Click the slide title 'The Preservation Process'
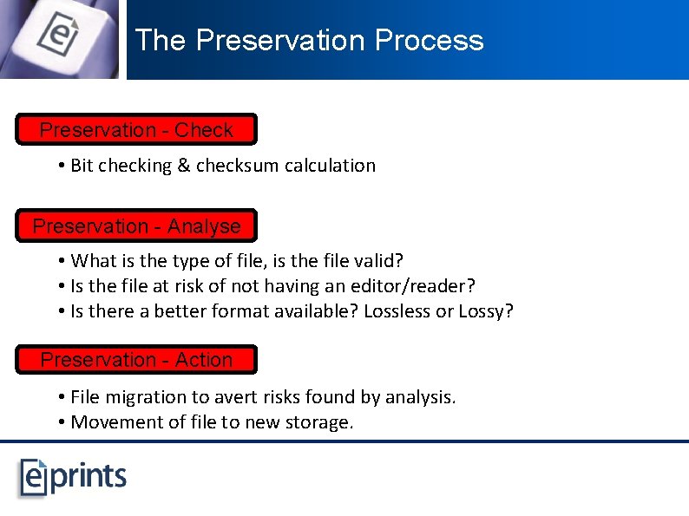309,41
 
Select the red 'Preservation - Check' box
136,130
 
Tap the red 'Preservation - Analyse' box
136,226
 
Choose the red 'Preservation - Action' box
136,360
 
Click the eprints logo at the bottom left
74,477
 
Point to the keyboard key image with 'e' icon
59,37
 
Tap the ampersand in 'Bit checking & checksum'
183,166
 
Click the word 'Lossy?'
486,311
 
